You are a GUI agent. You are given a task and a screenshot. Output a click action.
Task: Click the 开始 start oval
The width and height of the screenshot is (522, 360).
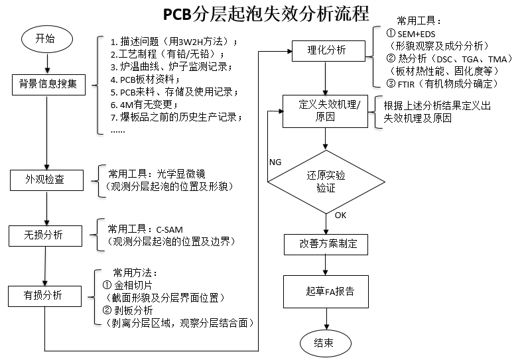pyautogui.click(x=46, y=39)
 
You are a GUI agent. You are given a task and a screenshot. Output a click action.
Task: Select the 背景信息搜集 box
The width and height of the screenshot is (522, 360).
pyautogui.click(x=48, y=85)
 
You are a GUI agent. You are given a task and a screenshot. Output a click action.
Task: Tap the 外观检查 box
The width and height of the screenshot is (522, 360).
pyautogui.click(x=46, y=180)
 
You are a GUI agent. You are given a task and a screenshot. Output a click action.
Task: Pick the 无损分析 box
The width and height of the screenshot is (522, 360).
pyautogui.click(x=45, y=236)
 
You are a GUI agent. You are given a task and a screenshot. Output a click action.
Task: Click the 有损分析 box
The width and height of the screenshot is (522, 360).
pyautogui.click(x=44, y=296)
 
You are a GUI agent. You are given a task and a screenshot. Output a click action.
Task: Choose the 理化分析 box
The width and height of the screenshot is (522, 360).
pyautogui.click(x=328, y=51)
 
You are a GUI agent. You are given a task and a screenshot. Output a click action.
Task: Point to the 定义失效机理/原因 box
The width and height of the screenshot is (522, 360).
pyautogui.click(x=325, y=111)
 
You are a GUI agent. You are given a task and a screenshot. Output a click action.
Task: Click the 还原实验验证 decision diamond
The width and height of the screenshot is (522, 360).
pyautogui.click(x=326, y=182)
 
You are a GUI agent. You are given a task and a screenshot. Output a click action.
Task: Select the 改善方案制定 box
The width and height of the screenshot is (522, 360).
pyautogui.click(x=326, y=245)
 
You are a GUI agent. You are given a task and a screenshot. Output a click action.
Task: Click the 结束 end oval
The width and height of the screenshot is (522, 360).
pyautogui.click(x=326, y=343)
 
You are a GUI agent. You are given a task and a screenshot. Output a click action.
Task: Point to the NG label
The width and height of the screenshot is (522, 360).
pyautogui.click(x=275, y=162)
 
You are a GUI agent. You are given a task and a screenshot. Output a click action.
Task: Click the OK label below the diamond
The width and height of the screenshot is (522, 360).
pyautogui.click(x=340, y=215)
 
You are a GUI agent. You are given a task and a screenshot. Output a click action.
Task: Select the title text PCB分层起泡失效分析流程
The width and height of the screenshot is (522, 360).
pyautogui.click(x=266, y=14)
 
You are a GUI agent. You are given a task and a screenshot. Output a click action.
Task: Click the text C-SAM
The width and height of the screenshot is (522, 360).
pyautogui.click(x=169, y=230)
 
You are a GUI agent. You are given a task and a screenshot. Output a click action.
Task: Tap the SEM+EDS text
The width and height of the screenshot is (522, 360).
pyautogui.click(x=416, y=34)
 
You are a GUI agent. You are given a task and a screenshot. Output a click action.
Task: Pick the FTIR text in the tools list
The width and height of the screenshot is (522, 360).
pyautogui.click(x=406, y=84)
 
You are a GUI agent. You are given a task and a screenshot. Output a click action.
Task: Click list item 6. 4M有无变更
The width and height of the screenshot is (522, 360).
pyautogui.click(x=144, y=105)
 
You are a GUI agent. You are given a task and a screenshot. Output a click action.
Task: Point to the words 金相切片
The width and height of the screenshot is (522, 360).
pyautogui.click(x=133, y=285)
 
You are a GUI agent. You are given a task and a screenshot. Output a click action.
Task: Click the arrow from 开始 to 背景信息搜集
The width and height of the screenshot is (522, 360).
pyautogui.click(x=47, y=63)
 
